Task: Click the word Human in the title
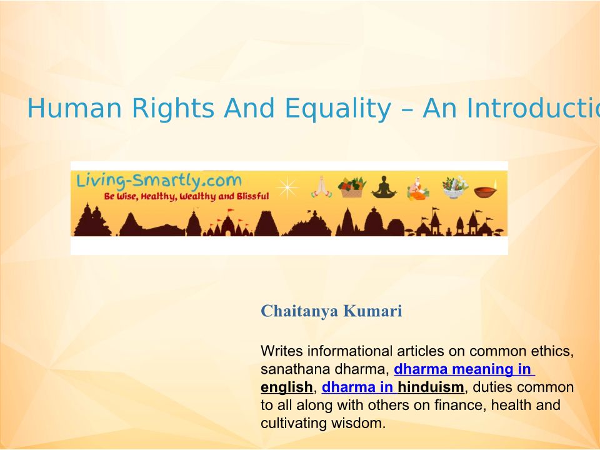click(74, 108)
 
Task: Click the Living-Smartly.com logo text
click(159, 180)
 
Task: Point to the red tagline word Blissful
click(253, 196)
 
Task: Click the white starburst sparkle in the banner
click(287, 187)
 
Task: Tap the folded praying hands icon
click(321, 187)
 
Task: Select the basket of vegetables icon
click(352, 187)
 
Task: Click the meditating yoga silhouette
click(384, 187)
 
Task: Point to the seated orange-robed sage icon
click(418, 188)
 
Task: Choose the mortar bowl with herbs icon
click(454, 187)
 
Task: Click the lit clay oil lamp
click(486, 189)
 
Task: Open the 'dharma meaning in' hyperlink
click(464, 369)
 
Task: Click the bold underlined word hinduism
click(431, 387)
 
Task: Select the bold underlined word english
click(287, 387)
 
